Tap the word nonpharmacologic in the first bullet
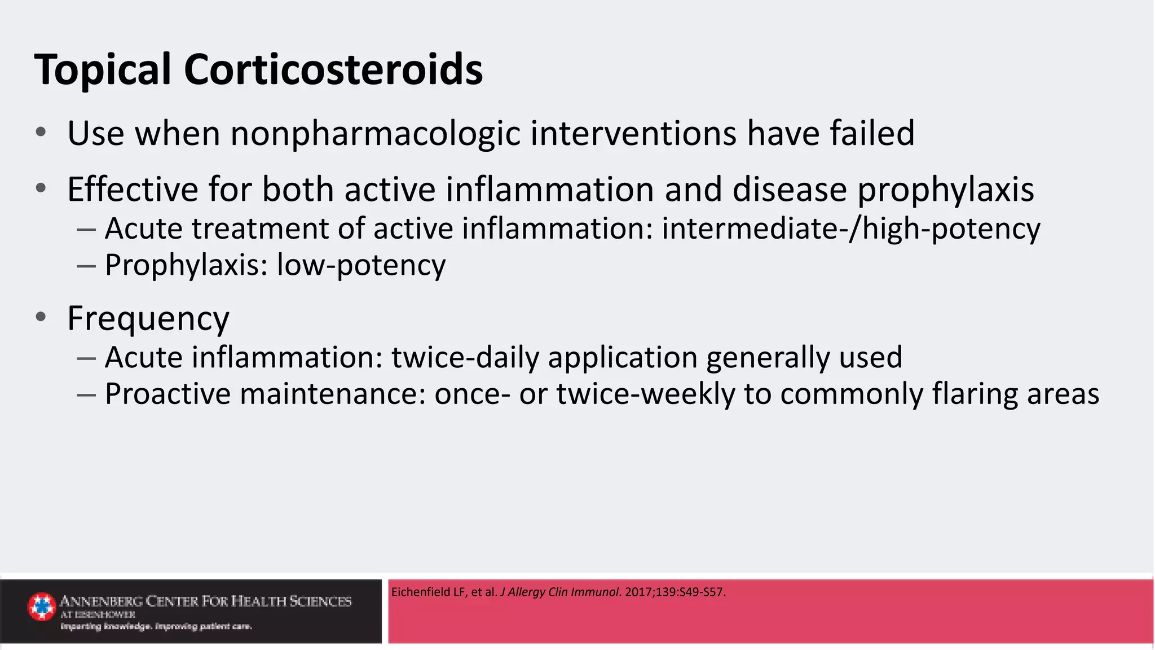[375, 134]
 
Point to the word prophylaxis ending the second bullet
[946, 190]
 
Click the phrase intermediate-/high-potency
[850, 229]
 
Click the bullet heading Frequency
[148, 318]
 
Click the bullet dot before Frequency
[41, 317]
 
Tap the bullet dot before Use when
[41, 133]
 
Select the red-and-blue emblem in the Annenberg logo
[42, 607]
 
